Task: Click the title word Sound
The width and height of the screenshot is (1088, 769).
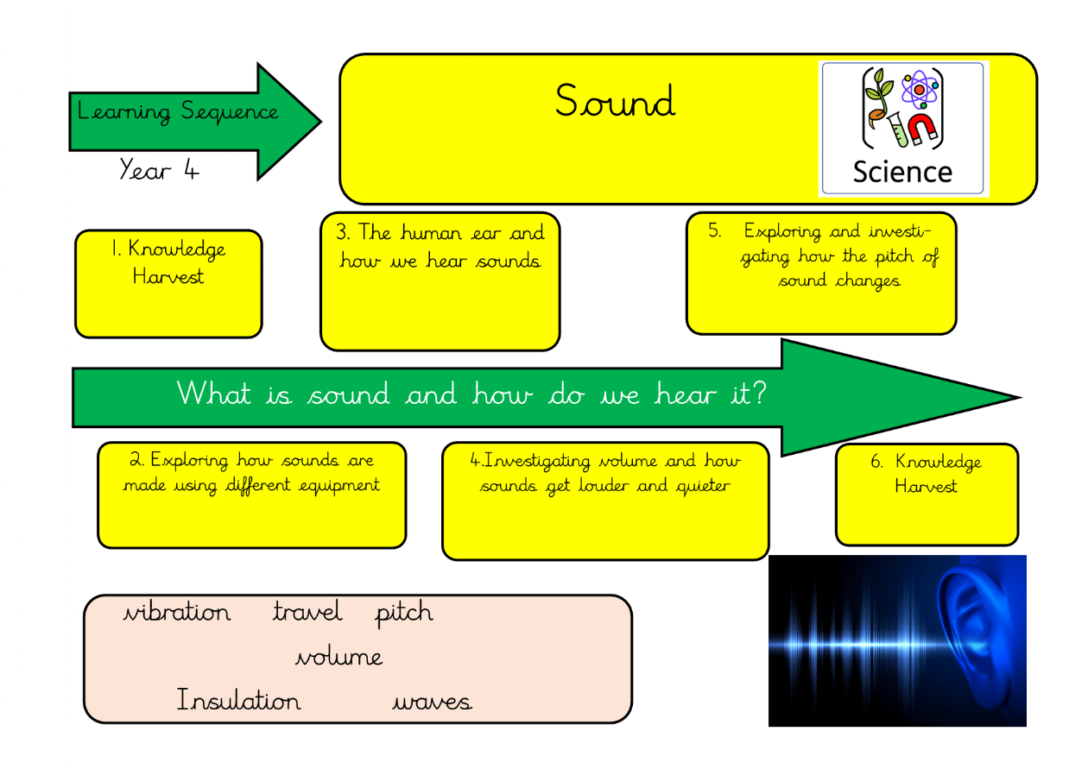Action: pyautogui.click(x=614, y=102)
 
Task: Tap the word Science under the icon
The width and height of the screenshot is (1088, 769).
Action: pyautogui.click(x=901, y=172)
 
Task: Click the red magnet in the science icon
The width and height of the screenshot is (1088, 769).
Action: pyautogui.click(x=923, y=129)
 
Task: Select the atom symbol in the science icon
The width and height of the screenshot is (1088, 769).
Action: pyautogui.click(x=919, y=89)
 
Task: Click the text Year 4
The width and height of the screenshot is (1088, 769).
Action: pyautogui.click(x=159, y=170)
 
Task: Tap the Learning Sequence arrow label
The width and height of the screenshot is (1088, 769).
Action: pyautogui.click(x=178, y=112)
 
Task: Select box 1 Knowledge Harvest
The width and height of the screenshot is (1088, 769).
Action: pyautogui.click(x=168, y=283)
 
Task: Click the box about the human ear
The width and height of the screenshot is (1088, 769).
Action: pyautogui.click(x=440, y=281)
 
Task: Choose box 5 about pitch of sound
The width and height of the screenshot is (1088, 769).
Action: pyautogui.click(x=821, y=273)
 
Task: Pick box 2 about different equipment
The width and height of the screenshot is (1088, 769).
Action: pyautogui.click(x=251, y=495)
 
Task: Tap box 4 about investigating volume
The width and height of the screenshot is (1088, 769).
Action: pyautogui.click(x=604, y=501)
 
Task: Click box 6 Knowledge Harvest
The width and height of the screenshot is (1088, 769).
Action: pyautogui.click(x=927, y=495)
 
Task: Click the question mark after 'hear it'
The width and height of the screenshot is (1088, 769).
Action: pyautogui.click(x=757, y=394)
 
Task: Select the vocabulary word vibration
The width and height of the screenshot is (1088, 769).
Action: pyautogui.click(x=177, y=613)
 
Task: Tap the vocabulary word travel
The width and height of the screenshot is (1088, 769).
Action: pyautogui.click(x=307, y=613)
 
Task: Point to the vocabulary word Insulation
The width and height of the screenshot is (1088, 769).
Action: pyautogui.click(x=238, y=700)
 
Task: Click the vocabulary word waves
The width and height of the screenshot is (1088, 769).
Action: pyautogui.click(x=432, y=702)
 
